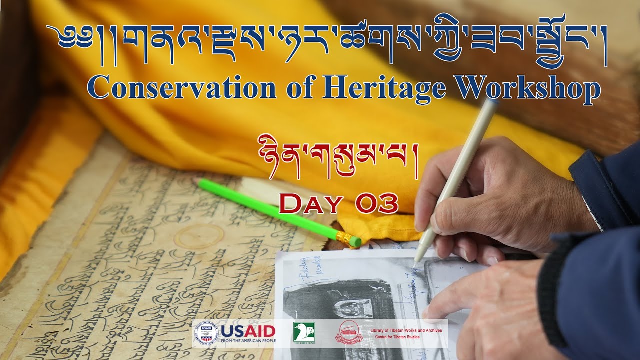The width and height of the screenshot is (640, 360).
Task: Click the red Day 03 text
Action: [338, 204]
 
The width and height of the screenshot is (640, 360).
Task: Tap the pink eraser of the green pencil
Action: [355, 242]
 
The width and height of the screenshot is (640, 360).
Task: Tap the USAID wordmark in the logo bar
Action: [248, 331]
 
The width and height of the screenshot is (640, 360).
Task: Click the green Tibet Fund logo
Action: [304, 332]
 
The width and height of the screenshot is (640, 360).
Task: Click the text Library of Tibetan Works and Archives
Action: [406, 330]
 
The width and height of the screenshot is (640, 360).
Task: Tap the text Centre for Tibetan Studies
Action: [397, 337]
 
